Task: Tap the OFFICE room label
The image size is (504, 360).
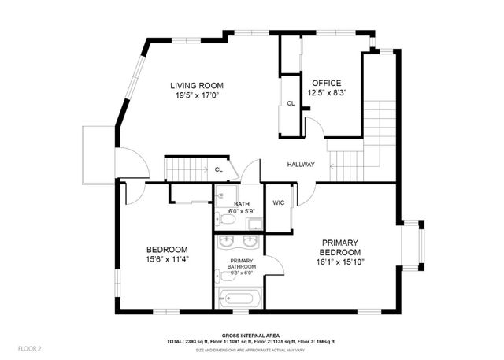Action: tap(326, 83)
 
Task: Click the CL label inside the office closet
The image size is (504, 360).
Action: tap(290, 103)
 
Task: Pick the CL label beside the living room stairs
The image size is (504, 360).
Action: tap(218, 169)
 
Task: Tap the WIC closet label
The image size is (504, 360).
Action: tap(278, 202)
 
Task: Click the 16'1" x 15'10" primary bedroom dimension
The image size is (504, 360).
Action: tap(340, 262)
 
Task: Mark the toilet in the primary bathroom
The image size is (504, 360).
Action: tap(220, 276)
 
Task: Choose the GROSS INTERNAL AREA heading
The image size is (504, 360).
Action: tap(251, 335)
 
